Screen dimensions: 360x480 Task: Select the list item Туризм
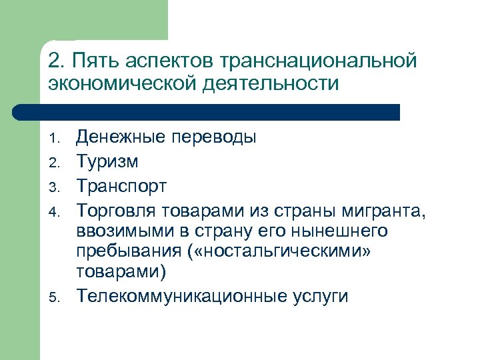pos(107,161)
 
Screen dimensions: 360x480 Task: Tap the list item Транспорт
pos(121,184)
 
